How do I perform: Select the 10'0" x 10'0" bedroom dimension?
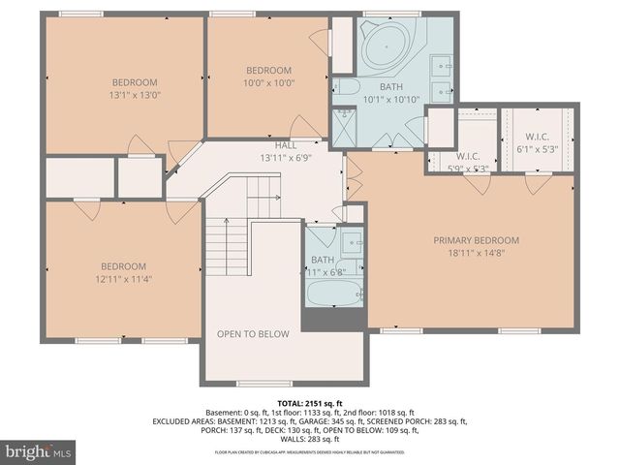click(268, 83)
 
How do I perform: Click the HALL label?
click(286, 144)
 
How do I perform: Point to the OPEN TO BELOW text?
click(253, 334)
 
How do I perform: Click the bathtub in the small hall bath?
click(335, 294)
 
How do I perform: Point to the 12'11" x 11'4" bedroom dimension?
click(124, 279)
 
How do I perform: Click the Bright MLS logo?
click(39, 451)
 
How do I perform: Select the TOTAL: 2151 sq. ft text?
click(310, 402)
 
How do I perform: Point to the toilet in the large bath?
click(346, 87)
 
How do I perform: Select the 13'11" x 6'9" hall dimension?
click(285, 157)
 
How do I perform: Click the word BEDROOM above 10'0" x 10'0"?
click(268, 70)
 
